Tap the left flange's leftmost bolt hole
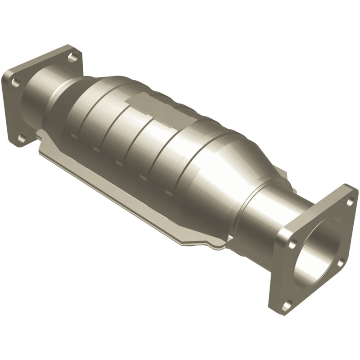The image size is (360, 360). coord(16,82)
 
